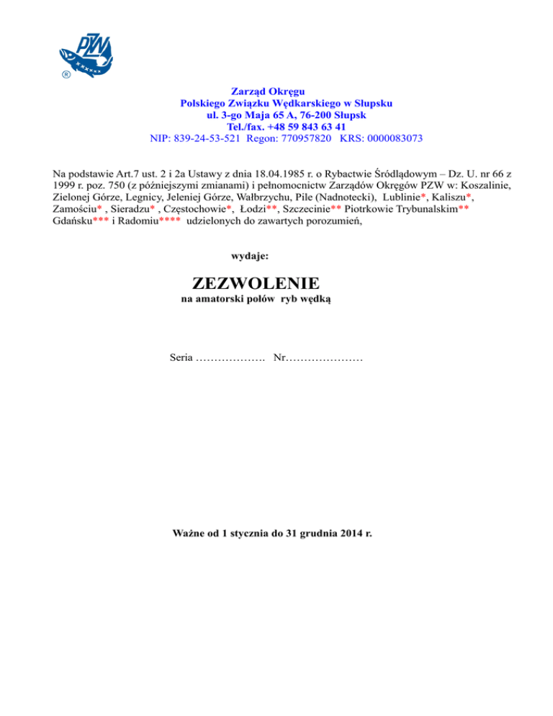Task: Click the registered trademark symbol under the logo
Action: [65, 75]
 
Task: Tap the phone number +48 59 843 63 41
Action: [299, 126]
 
